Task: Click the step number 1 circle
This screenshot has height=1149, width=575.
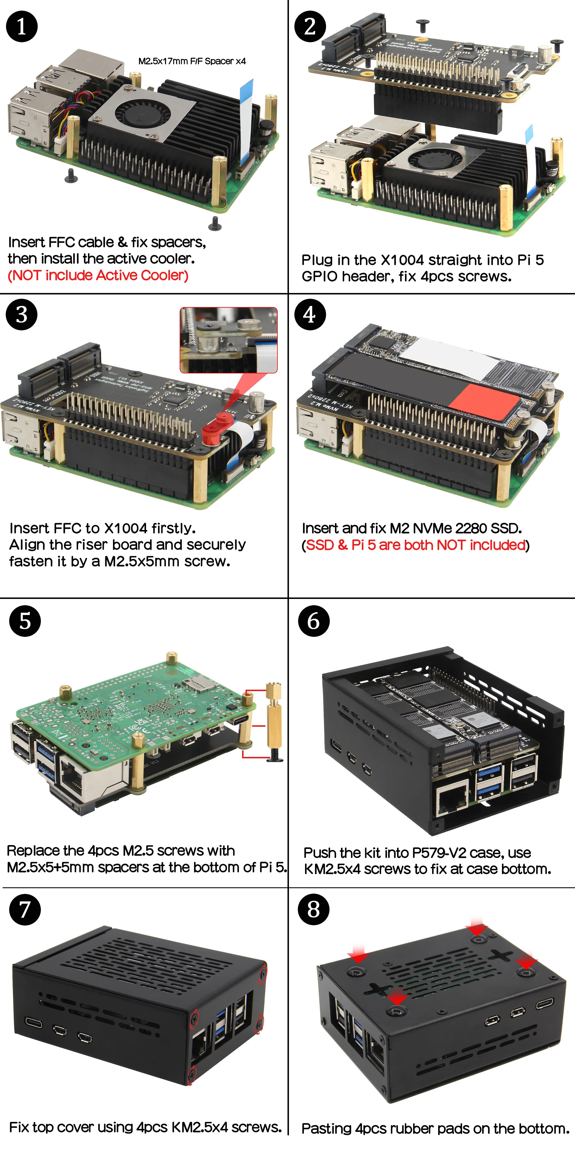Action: pyautogui.click(x=22, y=27)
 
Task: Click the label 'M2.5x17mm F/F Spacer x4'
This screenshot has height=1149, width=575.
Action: pyautogui.click(x=192, y=61)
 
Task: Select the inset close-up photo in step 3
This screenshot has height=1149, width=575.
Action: pyautogui.click(x=229, y=340)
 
